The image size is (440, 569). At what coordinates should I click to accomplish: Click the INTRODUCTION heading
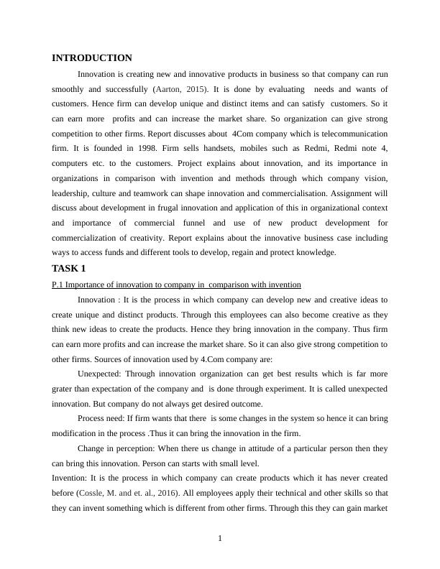(92, 58)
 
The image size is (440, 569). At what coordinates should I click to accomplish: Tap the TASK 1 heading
(69, 268)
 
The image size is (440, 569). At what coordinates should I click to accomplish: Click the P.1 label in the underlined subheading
(58, 284)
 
